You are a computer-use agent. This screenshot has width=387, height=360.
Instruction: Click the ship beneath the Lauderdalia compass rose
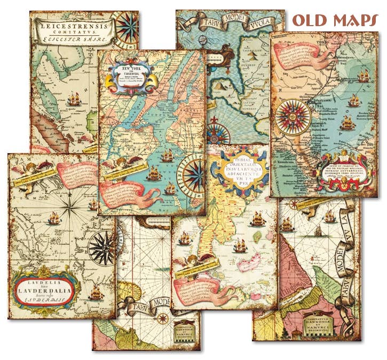(x=97, y=292)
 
